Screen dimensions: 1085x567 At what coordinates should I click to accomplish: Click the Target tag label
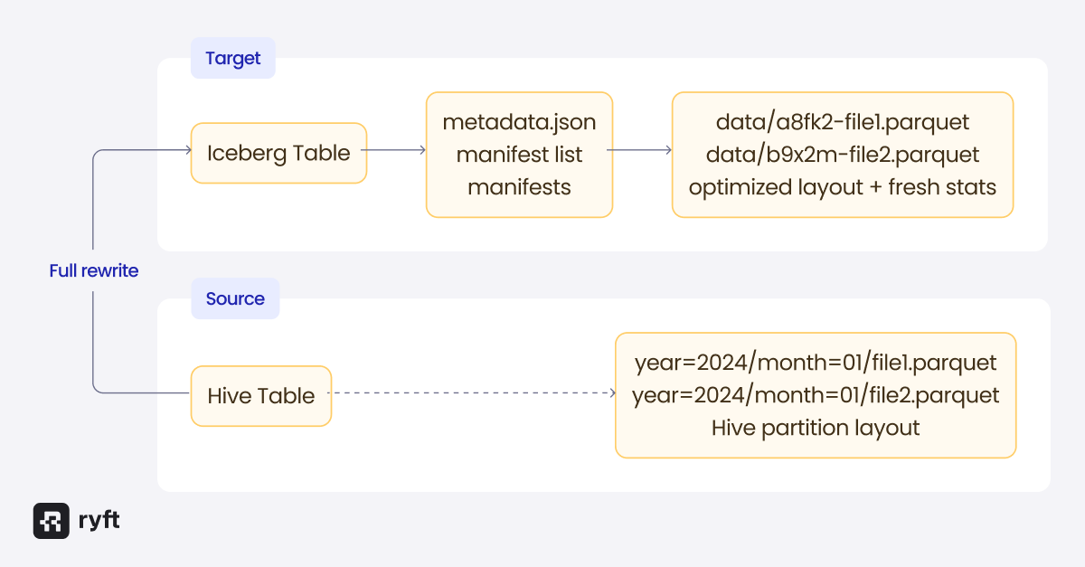coord(232,59)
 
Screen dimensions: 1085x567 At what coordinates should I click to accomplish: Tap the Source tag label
coord(235,299)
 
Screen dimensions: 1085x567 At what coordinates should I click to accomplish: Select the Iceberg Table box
coord(278,153)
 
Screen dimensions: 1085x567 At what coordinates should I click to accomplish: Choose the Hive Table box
coord(261,395)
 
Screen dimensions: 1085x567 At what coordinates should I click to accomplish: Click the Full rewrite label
coord(94,270)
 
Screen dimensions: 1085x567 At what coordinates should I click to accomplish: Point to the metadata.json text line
coord(519,121)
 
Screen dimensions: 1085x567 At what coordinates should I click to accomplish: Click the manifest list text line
coord(519,154)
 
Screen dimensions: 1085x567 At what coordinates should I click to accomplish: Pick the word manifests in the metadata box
coord(519,187)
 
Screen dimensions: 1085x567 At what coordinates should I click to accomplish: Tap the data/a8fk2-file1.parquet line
coord(843,121)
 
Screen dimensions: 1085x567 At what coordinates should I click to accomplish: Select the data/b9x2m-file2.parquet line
coord(843,154)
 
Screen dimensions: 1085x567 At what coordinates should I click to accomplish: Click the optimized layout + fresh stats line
coord(843,187)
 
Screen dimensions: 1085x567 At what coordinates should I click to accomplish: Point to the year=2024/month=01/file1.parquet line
coord(816,363)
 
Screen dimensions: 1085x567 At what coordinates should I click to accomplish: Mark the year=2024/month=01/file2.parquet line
coord(816,395)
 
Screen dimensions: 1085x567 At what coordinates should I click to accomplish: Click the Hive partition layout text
coord(816,428)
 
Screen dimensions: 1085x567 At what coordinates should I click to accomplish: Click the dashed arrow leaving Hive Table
coord(470,393)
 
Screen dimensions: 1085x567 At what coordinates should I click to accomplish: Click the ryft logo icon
coord(51,521)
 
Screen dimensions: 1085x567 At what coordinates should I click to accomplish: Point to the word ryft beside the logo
coord(99,521)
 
